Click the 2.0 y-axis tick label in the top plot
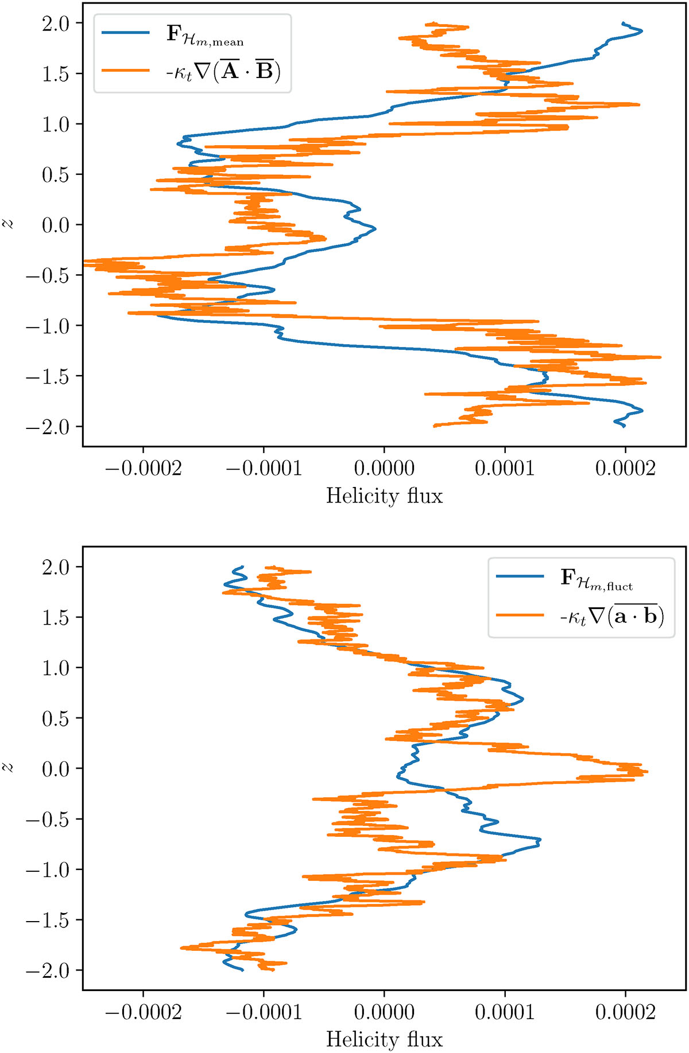click(x=55, y=24)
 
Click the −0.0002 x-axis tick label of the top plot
click(x=143, y=469)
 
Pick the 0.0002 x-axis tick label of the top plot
click(x=625, y=469)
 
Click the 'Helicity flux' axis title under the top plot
click(x=384, y=496)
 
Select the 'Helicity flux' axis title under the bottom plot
click(x=384, y=1040)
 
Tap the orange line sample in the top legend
click(x=125, y=71)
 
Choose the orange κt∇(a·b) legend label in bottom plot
click(x=611, y=616)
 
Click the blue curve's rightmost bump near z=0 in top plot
click(x=375, y=229)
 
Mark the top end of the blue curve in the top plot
click(x=623, y=23)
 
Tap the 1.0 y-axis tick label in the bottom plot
click(x=55, y=668)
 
